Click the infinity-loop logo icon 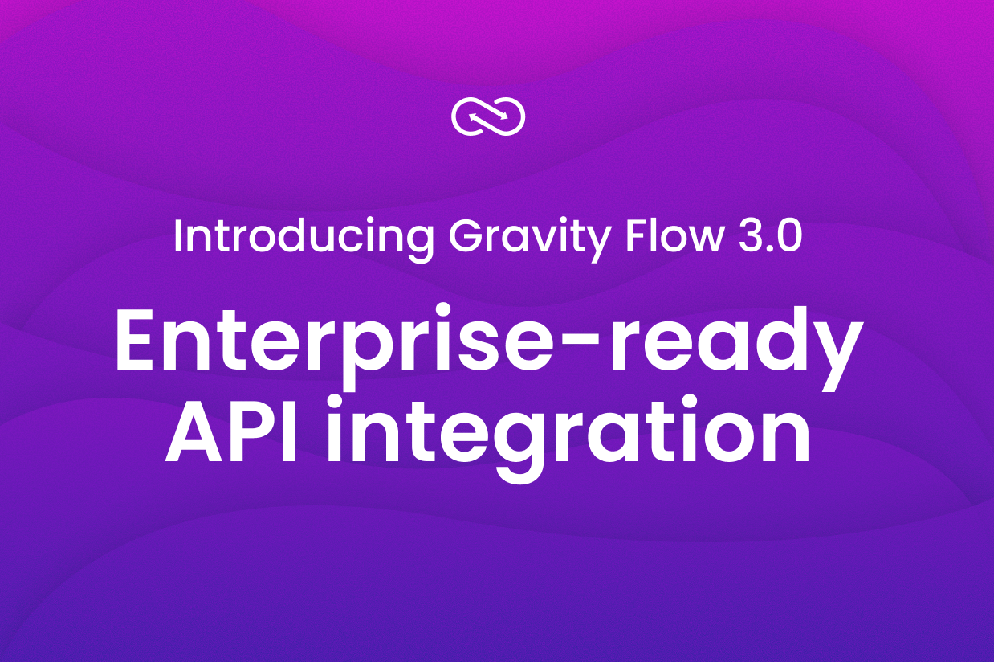tap(488, 118)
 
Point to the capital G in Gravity tap(467, 235)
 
